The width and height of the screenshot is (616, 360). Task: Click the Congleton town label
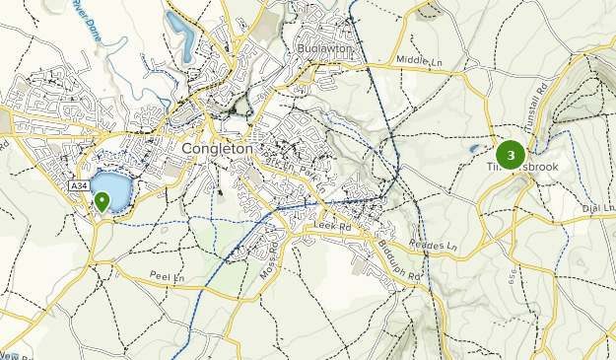pyautogui.click(x=219, y=149)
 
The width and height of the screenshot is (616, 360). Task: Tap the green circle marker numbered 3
pyautogui.click(x=511, y=155)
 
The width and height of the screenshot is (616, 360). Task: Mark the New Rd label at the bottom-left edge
pyautogui.click(x=10, y=353)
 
